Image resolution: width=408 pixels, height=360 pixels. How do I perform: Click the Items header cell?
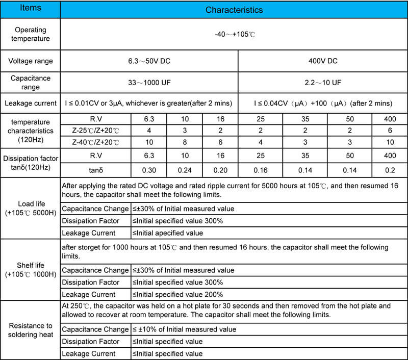pos(30,9)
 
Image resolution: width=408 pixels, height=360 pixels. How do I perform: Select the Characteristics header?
pos(234,10)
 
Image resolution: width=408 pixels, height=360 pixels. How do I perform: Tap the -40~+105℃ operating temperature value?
pos(234,35)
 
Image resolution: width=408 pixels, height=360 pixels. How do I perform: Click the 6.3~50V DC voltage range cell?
pos(149,61)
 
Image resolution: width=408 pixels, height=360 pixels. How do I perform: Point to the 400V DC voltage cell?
pos(323,61)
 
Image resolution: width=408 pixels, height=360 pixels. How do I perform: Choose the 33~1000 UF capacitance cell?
pos(149,82)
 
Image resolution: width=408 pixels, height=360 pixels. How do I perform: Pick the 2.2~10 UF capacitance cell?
pos(323,82)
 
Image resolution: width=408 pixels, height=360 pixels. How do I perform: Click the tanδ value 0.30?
pos(149,169)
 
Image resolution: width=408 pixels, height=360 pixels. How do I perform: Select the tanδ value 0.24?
pos(185,169)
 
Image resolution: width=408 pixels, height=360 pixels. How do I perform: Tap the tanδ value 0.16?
pos(256,169)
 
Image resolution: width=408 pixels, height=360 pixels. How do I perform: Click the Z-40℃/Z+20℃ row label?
pos(95,141)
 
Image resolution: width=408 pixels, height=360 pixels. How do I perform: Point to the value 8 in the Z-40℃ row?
pos(185,141)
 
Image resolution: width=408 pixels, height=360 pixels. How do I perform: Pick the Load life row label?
pos(30,208)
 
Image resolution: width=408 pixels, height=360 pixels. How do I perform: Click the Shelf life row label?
pos(30,270)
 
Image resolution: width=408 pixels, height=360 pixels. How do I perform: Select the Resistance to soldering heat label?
pos(30,330)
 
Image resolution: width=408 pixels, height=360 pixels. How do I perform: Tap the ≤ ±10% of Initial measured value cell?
pos(185,329)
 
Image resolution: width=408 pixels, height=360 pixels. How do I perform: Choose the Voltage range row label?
pos(30,61)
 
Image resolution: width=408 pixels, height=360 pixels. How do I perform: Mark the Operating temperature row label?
pos(30,35)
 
